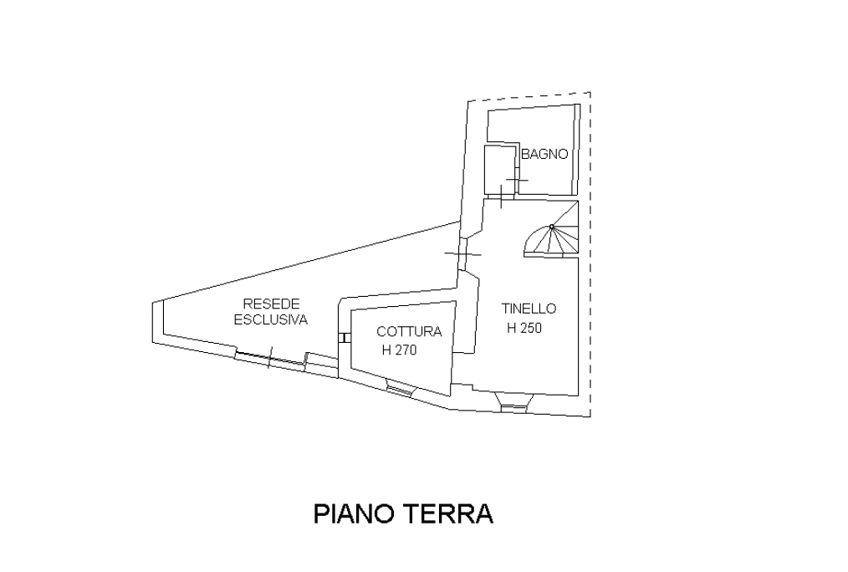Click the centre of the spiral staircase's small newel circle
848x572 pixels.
pos(552,226)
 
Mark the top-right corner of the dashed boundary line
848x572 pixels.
pos(590,93)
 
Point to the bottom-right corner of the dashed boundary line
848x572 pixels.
pos(590,416)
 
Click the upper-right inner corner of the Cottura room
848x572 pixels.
pos(456,301)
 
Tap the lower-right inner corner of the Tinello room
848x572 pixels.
pos(578,396)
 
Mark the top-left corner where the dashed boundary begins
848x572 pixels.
pos(467,101)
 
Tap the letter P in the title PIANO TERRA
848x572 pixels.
pos(320,513)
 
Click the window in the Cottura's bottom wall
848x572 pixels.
pos(399,390)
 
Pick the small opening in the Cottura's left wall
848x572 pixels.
pos(345,338)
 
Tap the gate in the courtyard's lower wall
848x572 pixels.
pos(270,359)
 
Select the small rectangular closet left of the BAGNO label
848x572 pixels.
pos(498,171)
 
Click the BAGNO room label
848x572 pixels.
pos(544,154)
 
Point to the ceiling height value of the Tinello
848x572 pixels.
pos(524,328)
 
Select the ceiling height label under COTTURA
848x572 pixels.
pos(399,350)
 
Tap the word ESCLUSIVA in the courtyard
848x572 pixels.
pos(270,319)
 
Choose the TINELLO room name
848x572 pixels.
pos(529,309)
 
